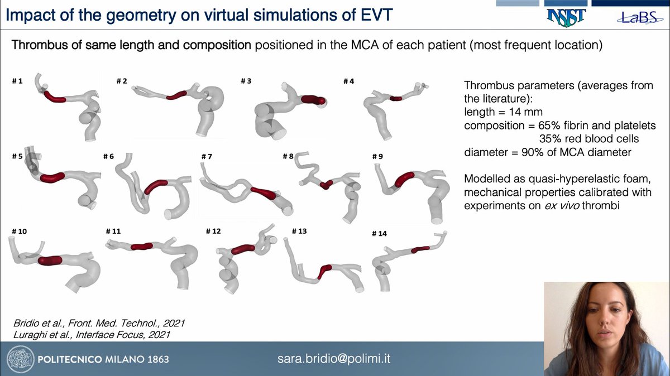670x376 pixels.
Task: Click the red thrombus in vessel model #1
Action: tap(55, 98)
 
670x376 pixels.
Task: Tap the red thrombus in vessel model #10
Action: tap(51, 260)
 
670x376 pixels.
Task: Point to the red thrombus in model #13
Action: tap(324, 272)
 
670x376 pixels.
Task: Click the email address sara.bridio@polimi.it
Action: tap(334, 358)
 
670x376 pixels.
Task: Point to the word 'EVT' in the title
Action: tap(381, 16)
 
